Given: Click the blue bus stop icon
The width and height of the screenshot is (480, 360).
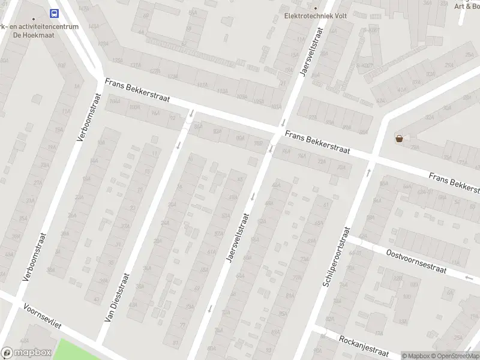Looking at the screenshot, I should pos(55,13).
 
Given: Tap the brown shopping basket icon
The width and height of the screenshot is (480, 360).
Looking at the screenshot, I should pos(399,139).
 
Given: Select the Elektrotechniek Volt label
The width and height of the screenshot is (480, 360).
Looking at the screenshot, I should pos(308,16).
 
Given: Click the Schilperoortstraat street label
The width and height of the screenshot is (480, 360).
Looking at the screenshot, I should pos(336,256).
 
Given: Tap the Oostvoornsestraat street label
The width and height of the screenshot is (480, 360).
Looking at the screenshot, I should pos(417,262).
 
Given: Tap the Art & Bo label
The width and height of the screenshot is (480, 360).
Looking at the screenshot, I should pos(467,6).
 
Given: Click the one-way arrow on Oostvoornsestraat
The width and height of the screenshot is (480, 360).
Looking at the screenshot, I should pos(469,277).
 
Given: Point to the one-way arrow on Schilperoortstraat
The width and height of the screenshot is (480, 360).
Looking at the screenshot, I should pos(368,173).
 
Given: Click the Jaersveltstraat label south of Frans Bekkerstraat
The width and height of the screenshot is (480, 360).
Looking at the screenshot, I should pos(237,238).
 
